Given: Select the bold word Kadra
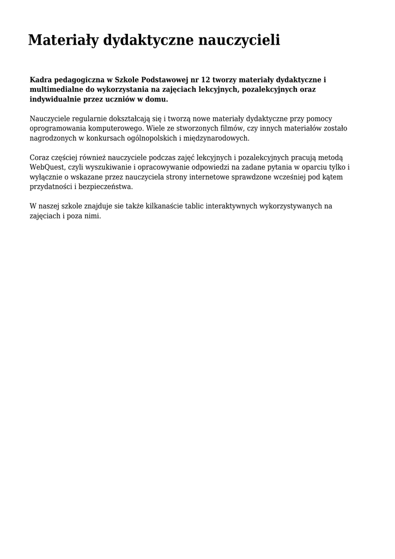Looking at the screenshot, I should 40,80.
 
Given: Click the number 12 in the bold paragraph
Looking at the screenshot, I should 206,80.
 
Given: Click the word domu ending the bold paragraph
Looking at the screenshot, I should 156,99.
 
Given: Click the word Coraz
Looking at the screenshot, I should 39,157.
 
